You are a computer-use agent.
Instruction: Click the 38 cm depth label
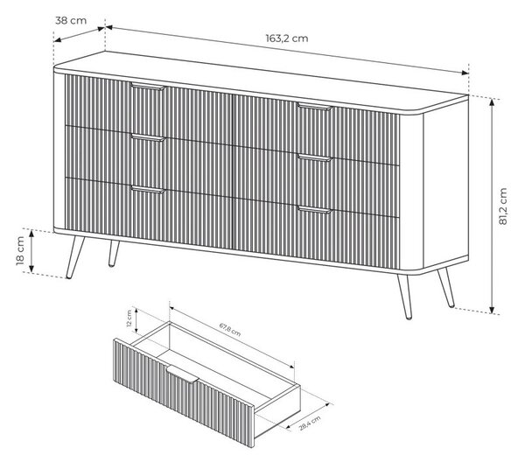click(x=71, y=20)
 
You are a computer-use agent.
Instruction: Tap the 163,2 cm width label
click(x=287, y=38)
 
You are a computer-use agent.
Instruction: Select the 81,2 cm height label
click(x=503, y=206)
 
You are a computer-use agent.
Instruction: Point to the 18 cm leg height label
click(x=20, y=251)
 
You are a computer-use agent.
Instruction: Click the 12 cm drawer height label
click(x=129, y=318)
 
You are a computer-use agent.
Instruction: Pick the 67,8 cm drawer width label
click(x=230, y=329)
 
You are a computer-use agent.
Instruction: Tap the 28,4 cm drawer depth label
click(x=310, y=423)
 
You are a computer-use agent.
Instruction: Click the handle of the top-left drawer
click(x=148, y=87)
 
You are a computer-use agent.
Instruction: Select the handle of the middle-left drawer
click(x=148, y=137)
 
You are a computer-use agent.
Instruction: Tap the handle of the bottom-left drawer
click(x=148, y=190)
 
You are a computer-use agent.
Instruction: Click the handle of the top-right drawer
click(x=314, y=107)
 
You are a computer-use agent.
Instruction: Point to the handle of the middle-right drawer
click(x=314, y=157)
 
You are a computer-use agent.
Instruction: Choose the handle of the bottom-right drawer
click(x=314, y=210)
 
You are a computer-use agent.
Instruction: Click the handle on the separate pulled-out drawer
click(x=183, y=374)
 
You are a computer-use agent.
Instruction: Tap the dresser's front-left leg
click(x=75, y=257)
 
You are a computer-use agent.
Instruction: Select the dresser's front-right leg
click(x=405, y=297)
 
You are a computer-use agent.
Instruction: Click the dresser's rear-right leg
click(x=446, y=287)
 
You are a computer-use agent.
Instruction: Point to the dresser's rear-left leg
click(x=114, y=254)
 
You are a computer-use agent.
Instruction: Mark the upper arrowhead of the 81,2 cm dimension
click(x=492, y=102)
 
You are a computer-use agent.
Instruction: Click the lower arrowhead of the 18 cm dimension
click(x=31, y=268)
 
